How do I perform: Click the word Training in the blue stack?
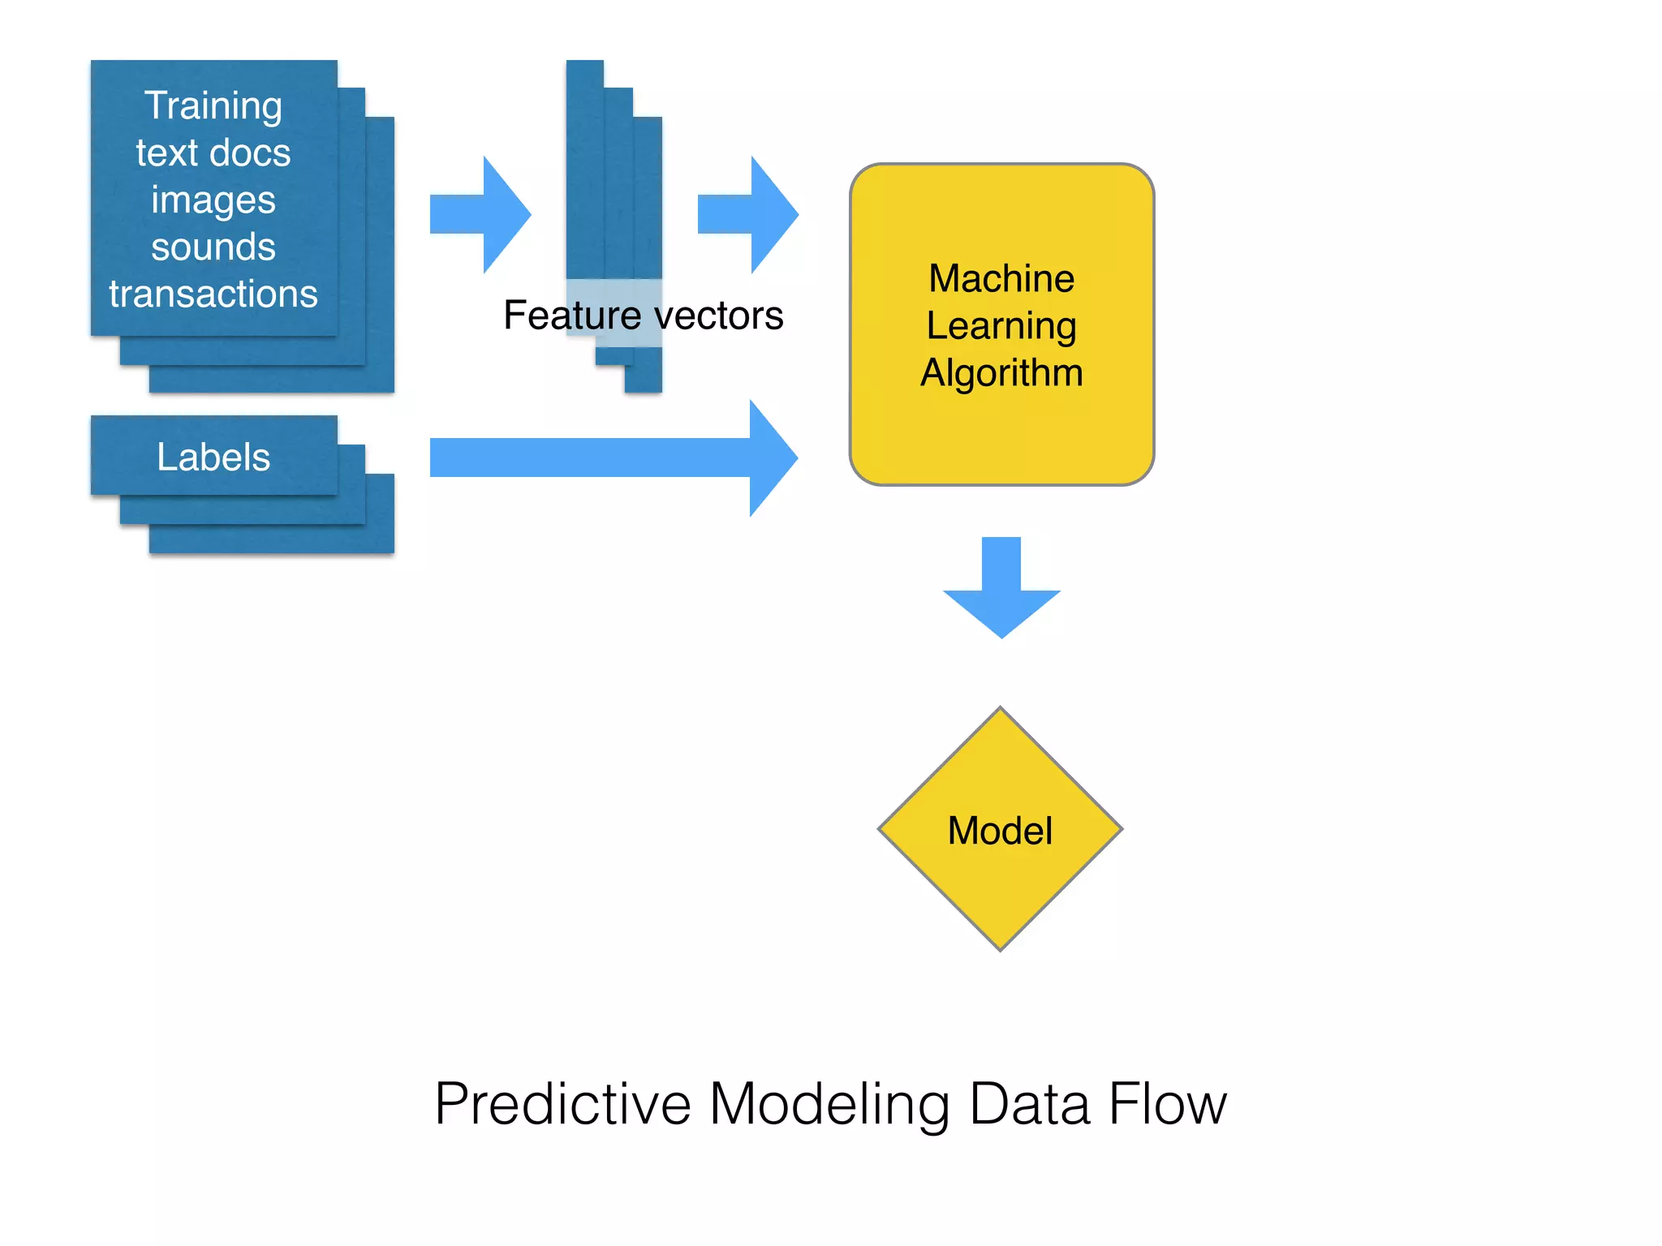tap(213, 106)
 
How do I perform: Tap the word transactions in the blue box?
tap(213, 294)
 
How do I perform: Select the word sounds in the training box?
tap(213, 247)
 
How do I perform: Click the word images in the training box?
tap(213, 200)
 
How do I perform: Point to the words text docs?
tap(213, 153)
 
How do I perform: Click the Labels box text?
tap(213, 457)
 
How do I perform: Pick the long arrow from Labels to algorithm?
tap(609, 458)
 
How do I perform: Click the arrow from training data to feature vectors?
tap(484, 215)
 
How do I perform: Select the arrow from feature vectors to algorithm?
tap(751, 215)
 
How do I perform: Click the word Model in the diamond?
tap(1000, 831)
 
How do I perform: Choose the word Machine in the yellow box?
tap(1001, 278)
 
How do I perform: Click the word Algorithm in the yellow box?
tap(1001, 373)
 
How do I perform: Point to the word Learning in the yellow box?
tap(1001, 326)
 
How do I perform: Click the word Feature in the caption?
tap(572, 315)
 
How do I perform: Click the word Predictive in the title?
tap(562, 1104)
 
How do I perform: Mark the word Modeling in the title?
tap(829, 1104)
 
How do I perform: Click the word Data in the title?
tap(1029, 1104)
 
